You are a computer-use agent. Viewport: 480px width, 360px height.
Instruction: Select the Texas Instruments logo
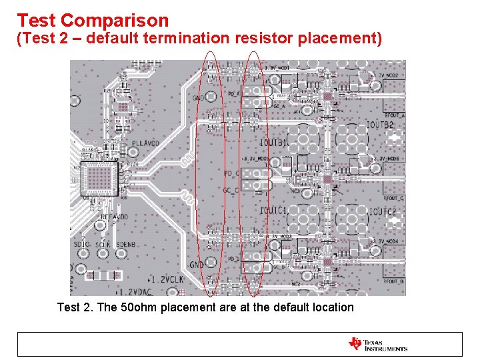pyautogui.click(x=378, y=345)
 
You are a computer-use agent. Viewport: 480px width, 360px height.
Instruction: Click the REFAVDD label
pyautogui.click(x=115, y=217)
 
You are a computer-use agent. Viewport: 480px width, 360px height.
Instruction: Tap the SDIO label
pyautogui.click(x=83, y=245)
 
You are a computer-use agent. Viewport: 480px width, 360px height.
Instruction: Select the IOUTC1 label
pyautogui.click(x=274, y=211)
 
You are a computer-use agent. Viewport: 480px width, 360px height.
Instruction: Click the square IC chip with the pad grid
pyautogui.click(x=99, y=178)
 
